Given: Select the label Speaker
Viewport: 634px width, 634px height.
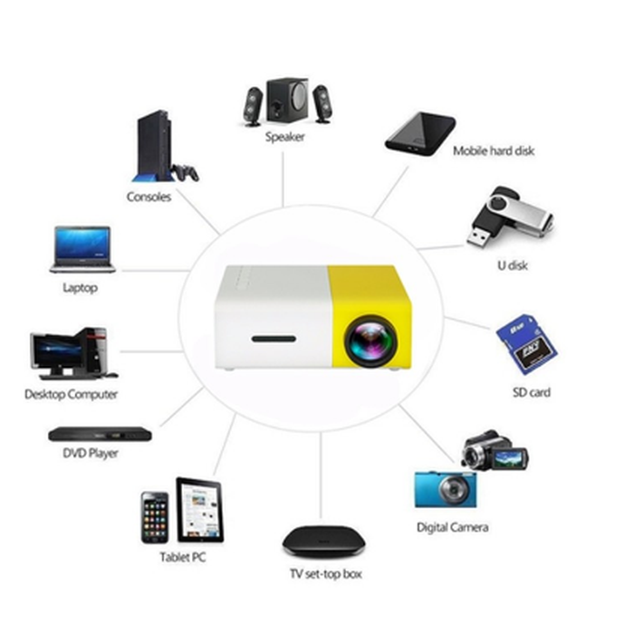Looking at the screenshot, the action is (x=284, y=138).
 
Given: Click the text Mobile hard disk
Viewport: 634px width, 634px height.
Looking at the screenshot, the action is (x=494, y=151).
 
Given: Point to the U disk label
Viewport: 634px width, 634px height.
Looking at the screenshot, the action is (x=512, y=265).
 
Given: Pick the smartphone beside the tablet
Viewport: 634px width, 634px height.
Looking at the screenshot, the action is (x=154, y=517).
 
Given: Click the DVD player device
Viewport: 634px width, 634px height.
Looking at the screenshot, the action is (x=91, y=434).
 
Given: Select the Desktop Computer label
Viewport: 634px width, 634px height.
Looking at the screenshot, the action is (x=71, y=395).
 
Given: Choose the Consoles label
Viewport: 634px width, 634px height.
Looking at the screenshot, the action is (x=149, y=197).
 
